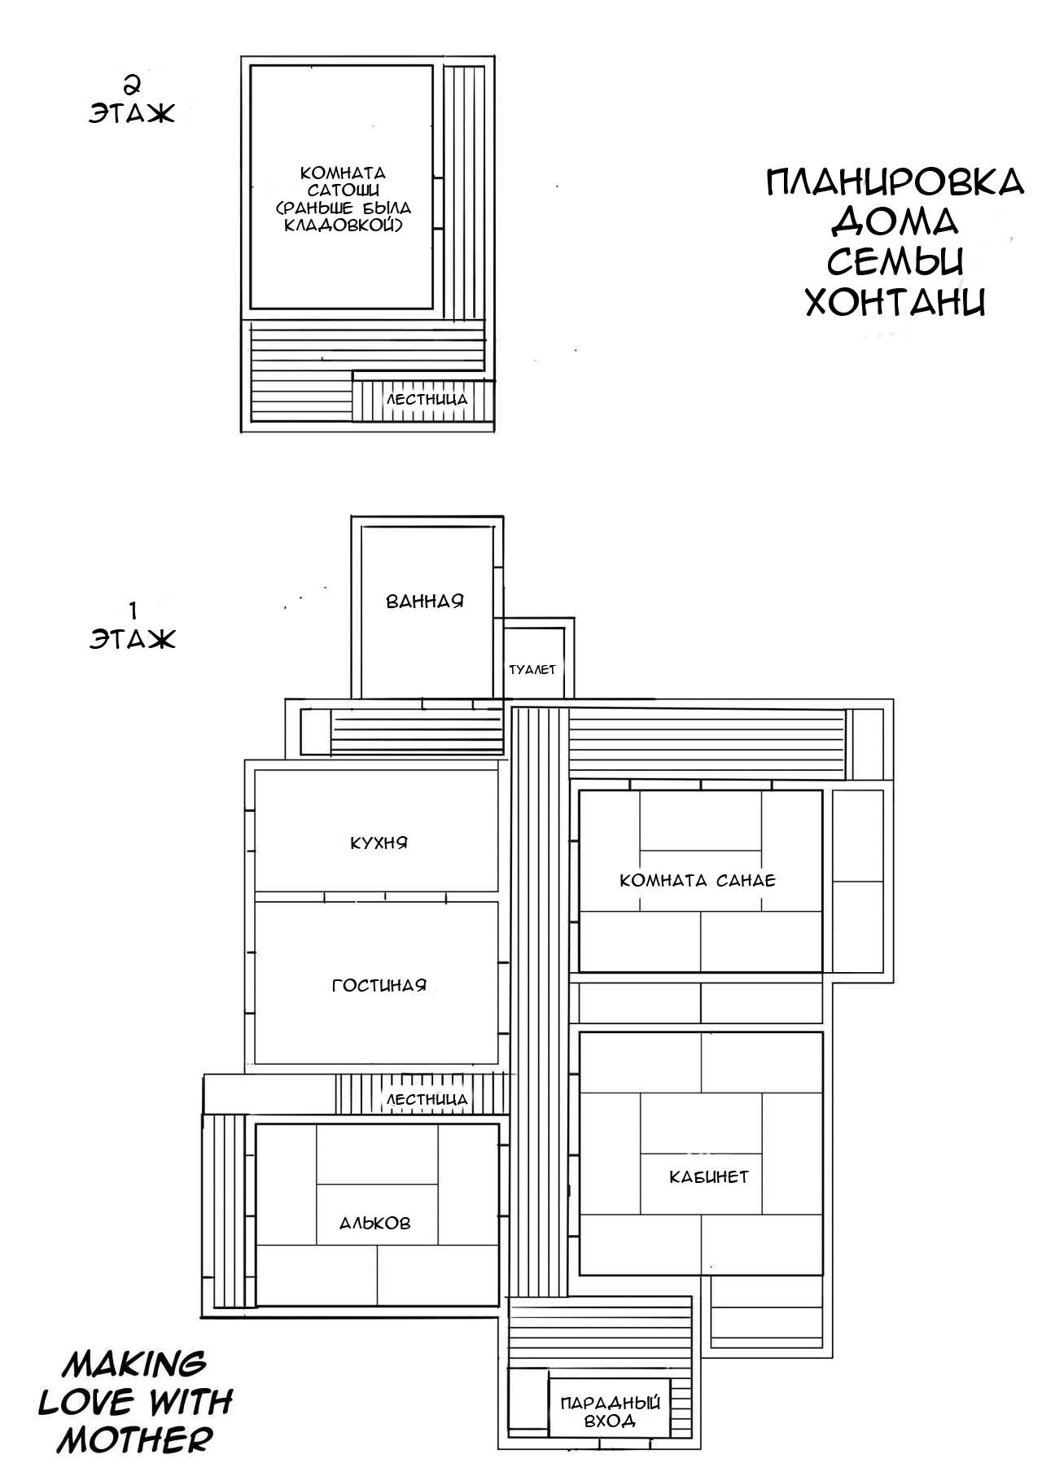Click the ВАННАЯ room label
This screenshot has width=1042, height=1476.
pyautogui.click(x=424, y=602)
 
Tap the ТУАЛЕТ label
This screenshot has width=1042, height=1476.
pyautogui.click(x=532, y=669)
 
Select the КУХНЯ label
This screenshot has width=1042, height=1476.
pyautogui.click(x=379, y=843)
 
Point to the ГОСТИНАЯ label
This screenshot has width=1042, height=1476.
pyautogui.click(x=379, y=986)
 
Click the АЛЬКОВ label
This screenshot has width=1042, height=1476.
pyautogui.click(x=375, y=1223)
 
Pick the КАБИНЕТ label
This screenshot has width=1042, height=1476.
pyautogui.click(x=709, y=1176)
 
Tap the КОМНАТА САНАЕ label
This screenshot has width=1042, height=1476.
pyautogui.click(x=698, y=880)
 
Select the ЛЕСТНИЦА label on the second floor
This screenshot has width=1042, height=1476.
pyautogui.click(x=427, y=400)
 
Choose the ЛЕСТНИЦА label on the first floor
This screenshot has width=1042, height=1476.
pyautogui.click(x=427, y=1100)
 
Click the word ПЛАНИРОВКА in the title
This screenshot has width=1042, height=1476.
pyautogui.click(x=895, y=183)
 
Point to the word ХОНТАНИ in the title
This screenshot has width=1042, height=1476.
pyautogui.click(x=895, y=301)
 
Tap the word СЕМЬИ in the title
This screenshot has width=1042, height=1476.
pyautogui.click(x=895, y=262)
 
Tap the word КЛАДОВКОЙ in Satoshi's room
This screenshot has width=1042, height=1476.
pyautogui.click(x=342, y=223)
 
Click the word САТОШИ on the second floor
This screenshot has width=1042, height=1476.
pyautogui.click(x=343, y=190)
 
